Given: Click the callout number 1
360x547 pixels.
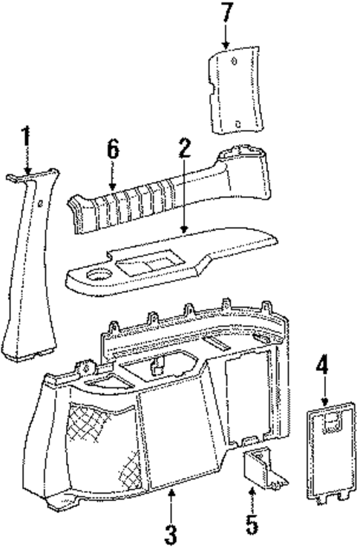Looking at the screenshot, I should tap(26, 137).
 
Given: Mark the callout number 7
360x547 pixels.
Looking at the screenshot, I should tap(226, 13).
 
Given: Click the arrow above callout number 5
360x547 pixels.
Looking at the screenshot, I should tap(252, 501).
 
